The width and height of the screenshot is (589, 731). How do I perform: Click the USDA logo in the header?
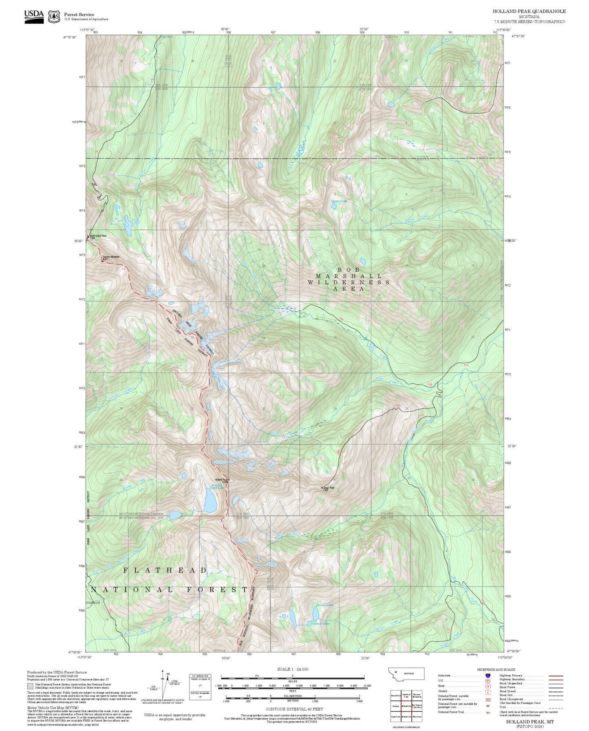click(34, 16)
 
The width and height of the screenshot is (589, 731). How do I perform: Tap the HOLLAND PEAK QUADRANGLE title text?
click(529, 11)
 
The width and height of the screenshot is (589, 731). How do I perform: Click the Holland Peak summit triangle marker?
click(229, 480)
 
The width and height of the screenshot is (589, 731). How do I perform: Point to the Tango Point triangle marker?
click(322, 487)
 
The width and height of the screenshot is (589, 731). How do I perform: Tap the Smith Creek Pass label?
click(98, 236)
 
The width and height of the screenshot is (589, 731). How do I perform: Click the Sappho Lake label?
click(338, 201)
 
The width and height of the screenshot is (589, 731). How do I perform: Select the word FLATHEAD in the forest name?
click(165, 570)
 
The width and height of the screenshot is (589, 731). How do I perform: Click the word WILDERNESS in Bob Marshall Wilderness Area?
click(349, 282)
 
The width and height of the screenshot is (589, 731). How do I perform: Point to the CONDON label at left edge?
click(93, 602)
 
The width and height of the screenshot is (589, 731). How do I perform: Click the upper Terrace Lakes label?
click(324, 605)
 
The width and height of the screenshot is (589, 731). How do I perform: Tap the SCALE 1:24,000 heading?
click(292, 669)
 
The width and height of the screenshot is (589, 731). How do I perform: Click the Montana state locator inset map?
click(406, 674)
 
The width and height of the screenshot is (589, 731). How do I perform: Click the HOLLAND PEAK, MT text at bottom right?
click(530, 722)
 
